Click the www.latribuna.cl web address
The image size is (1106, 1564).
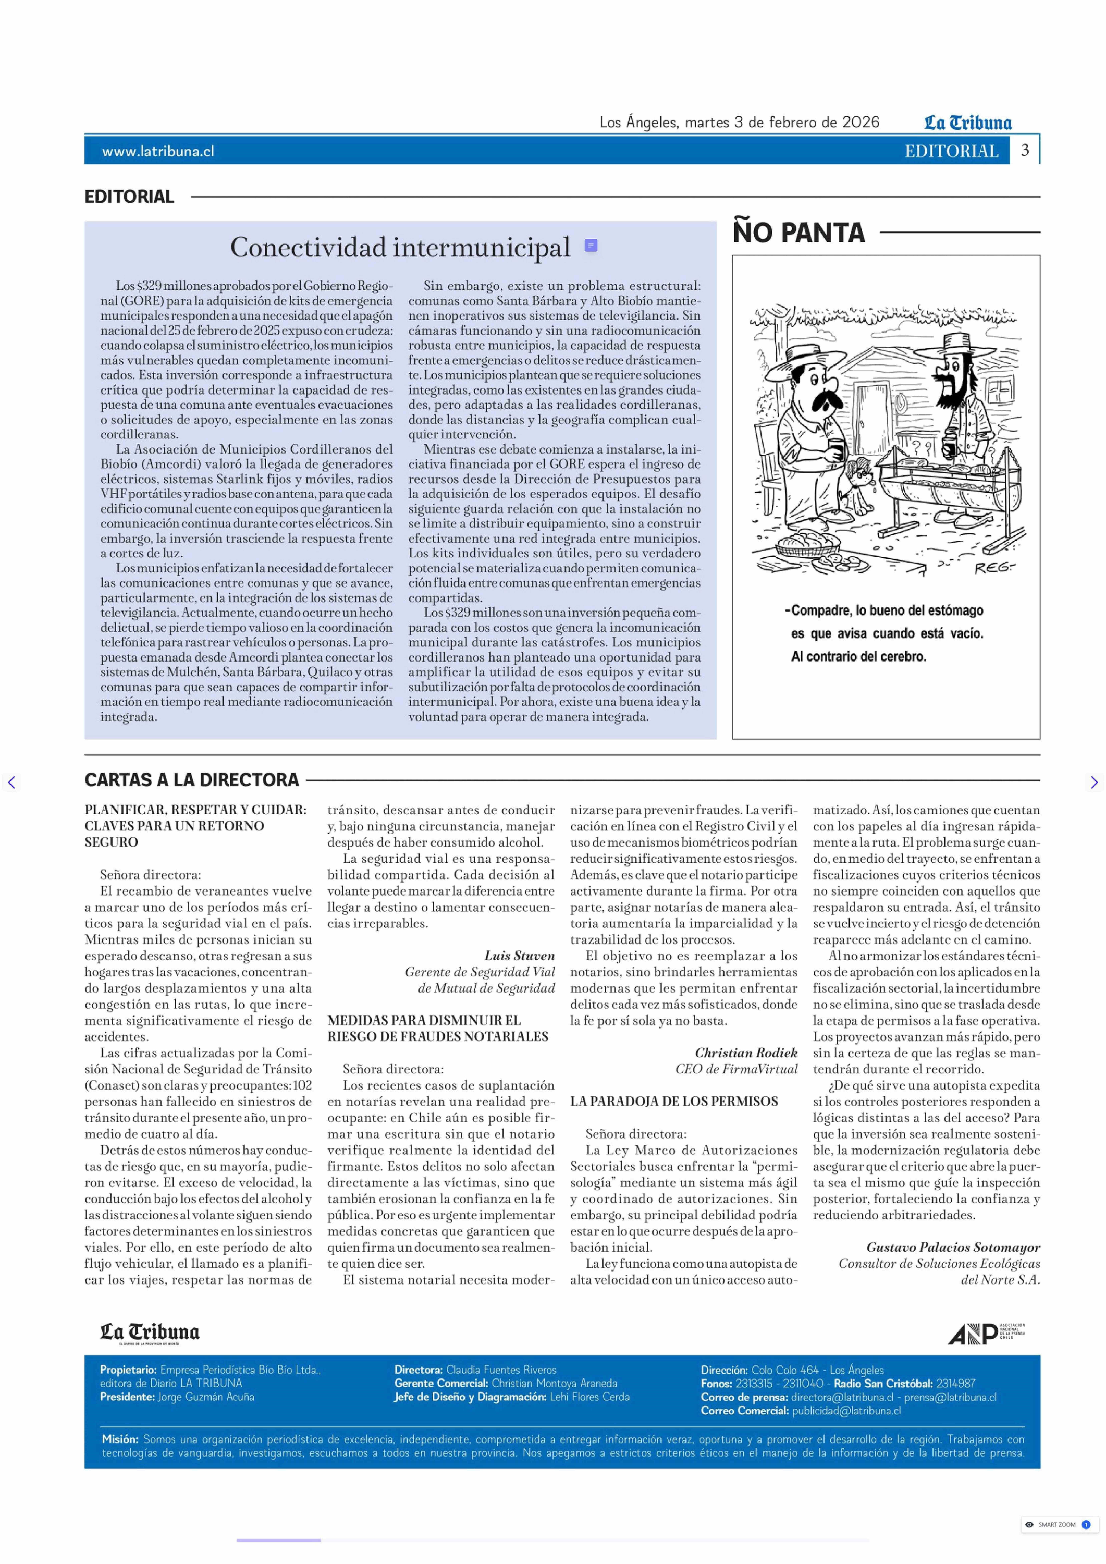(x=158, y=151)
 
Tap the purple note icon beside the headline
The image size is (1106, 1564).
(x=591, y=245)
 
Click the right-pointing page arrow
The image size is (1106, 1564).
(x=1094, y=782)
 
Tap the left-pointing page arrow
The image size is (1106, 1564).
(x=12, y=782)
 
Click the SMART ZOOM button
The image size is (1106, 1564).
(x=1056, y=1524)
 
